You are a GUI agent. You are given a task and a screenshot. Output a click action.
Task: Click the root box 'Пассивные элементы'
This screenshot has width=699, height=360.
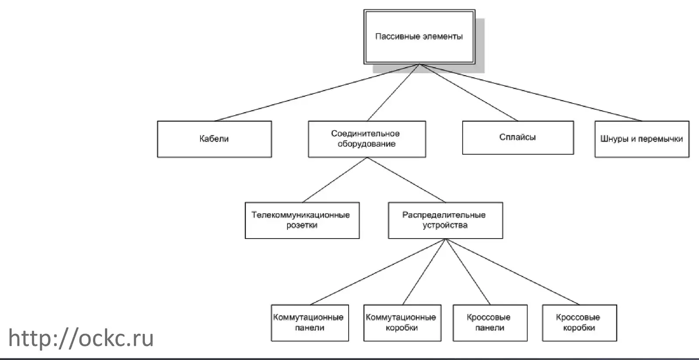pos(419,37)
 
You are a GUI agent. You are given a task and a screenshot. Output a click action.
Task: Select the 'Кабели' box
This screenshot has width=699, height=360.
pos(215,139)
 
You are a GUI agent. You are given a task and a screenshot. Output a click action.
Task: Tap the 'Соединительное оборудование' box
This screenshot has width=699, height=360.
pos(367,139)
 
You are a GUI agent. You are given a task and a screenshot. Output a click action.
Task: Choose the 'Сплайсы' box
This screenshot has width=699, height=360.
pos(518,137)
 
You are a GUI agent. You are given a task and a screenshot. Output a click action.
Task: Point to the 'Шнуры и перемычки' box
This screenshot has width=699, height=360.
pos(642,139)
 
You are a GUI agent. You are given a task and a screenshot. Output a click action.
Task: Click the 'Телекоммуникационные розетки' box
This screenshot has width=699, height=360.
pos(302,220)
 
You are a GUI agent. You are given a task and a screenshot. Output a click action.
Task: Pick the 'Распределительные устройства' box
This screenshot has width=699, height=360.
pos(445,220)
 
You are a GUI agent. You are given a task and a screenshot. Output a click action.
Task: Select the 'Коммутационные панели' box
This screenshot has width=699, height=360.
pos(310,323)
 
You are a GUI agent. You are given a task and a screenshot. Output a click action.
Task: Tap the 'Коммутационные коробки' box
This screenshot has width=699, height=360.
pos(402,323)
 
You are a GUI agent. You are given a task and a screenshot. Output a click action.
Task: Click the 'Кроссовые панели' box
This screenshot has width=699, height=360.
pos(490,323)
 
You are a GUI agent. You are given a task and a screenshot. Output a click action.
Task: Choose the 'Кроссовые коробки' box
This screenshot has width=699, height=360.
pos(579,323)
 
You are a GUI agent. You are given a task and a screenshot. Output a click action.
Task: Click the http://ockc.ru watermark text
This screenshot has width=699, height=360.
pos(81,338)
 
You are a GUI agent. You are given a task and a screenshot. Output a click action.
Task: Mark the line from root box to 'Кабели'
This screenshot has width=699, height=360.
pos(317,93)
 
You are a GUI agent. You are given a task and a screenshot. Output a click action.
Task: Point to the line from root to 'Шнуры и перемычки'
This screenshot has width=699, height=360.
pos(531,93)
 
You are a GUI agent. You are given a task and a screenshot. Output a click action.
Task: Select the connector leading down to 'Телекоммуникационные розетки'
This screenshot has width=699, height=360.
pos(335,180)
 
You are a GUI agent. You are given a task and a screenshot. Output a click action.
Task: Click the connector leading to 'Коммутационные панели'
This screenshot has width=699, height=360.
pos(378,272)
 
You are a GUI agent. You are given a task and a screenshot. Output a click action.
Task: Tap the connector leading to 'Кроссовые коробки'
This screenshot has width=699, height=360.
pos(512,272)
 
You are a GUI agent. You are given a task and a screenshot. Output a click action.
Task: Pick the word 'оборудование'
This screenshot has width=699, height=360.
pos(367,144)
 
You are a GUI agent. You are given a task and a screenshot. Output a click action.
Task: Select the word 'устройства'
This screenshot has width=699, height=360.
pos(445,225)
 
